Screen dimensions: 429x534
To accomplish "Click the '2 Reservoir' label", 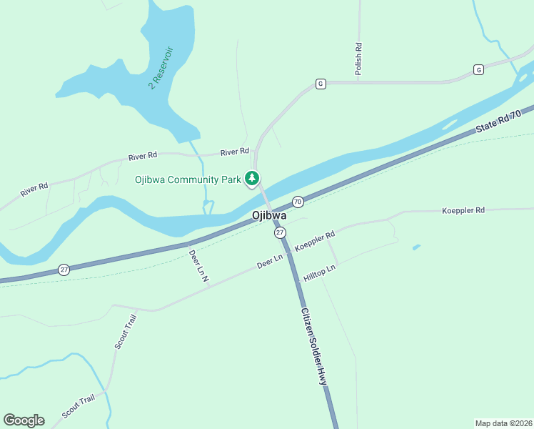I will point(161,68).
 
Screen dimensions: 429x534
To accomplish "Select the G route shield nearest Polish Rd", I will point(321,84).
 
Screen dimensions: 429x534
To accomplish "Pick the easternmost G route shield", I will point(478,69).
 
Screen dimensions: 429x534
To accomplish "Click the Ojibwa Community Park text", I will point(188,179).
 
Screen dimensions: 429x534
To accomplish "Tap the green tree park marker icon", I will point(252,178).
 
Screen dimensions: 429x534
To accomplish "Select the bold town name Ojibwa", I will point(269,215).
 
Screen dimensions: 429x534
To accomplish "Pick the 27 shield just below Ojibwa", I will point(280,232).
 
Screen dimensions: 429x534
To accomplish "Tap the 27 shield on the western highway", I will point(64,270).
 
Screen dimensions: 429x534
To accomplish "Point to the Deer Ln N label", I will point(198,265).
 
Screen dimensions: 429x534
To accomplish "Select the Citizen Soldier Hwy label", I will point(313,347).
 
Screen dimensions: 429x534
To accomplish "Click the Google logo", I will point(24,420).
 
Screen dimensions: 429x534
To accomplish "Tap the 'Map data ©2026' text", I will point(503,423).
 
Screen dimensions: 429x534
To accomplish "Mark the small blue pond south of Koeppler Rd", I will point(416,247).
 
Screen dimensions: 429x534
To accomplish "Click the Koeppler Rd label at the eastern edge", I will point(463,210).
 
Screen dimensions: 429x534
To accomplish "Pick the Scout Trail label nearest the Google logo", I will point(78,407).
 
